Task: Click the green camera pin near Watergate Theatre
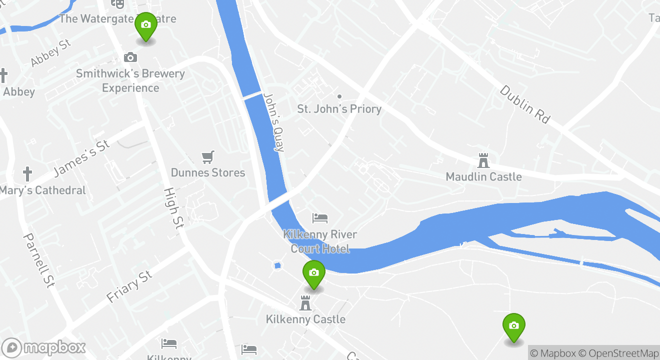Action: [x=145, y=26]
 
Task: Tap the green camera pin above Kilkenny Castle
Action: [x=314, y=274]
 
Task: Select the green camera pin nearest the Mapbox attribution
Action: [x=513, y=326]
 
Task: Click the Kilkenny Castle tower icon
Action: [x=305, y=302]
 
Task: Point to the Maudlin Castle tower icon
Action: [x=483, y=160]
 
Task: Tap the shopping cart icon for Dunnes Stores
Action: [x=208, y=157]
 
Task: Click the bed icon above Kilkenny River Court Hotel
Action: [x=320, y=218]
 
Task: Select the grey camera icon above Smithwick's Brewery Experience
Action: [x=130, y=57]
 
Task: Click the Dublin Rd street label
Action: [x=525, y=104]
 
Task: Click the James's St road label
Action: [x=81, y=158]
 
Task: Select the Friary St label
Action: [x=129, y=286]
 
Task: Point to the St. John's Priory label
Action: [x=339, y=108]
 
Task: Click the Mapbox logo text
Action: [x=54, y=347]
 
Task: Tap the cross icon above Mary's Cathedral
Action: [x=27, y=174]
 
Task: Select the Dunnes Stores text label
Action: [x=208, y=172]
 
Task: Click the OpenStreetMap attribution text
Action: [x=624, y=353]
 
